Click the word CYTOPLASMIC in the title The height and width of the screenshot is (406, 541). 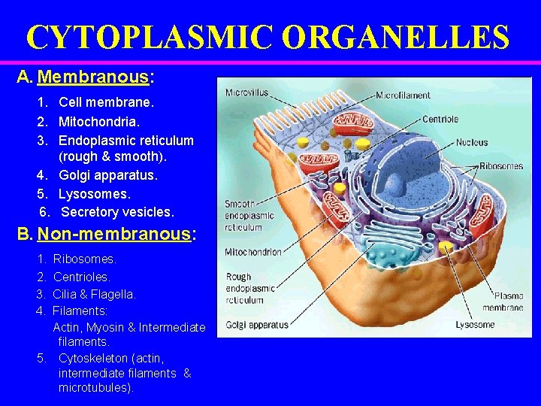click(143, 36)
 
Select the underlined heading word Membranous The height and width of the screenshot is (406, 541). click(93, 77)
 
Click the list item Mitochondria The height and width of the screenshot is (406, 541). click(99, 120)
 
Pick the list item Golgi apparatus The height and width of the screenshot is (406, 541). click(108, 175)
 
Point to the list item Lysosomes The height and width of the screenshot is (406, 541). click(95, 193)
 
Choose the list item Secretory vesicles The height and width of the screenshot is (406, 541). click(117, 212)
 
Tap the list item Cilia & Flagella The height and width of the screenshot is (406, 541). click(94, 294)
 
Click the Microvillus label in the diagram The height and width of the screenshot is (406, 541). click(246, 93)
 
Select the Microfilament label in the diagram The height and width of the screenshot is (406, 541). click(403, 95)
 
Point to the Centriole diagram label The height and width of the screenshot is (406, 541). click(440, 119)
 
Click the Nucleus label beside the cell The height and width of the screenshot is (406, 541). click(471, 141)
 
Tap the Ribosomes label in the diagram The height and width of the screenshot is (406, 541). click(501, 166)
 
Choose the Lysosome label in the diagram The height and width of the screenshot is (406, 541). click(475, 325)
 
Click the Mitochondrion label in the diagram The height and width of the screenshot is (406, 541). click(253, 252)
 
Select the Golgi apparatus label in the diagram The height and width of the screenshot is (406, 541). click(256, 325)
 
